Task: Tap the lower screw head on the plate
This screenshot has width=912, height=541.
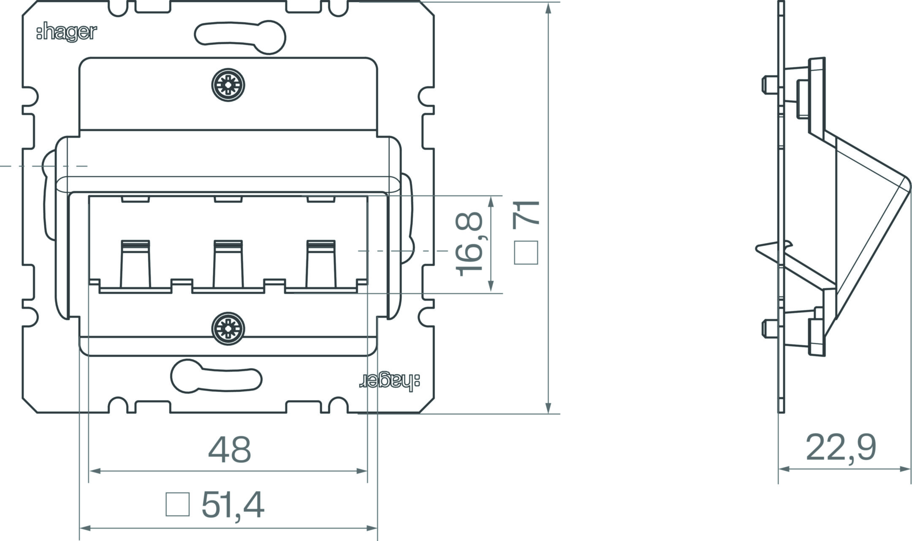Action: pyautogui.click(x=228, y=328)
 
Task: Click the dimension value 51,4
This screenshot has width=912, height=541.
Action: pyautogui.click(x=233, y=505)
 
